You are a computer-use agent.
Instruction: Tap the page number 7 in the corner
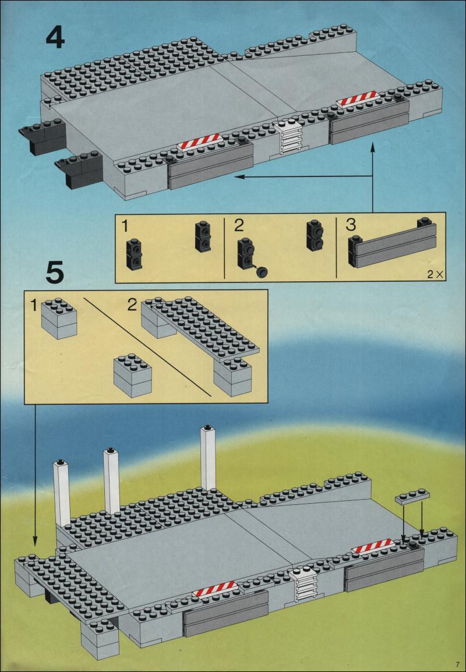458,663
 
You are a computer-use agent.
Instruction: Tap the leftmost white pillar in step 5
61,492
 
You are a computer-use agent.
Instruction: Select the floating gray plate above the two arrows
412,496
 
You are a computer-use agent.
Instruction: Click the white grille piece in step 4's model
290,138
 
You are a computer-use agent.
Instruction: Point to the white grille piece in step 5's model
304,585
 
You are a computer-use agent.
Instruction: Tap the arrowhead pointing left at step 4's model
239,176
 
